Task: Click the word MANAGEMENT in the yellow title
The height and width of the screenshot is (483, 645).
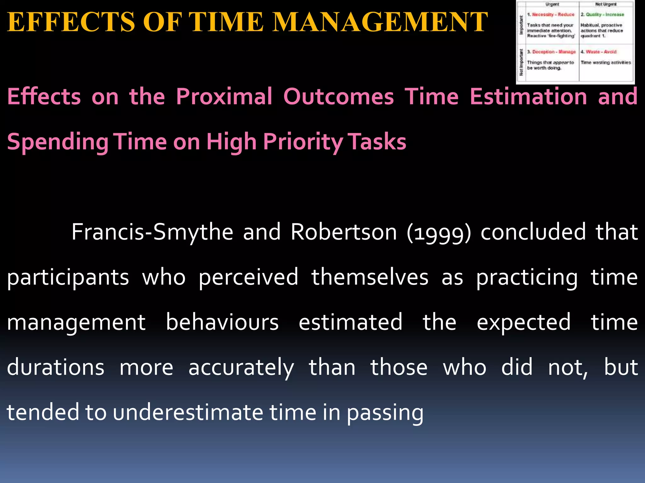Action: (x=380, y=22)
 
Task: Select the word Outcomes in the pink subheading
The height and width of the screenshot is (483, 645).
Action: (x=339, y=97)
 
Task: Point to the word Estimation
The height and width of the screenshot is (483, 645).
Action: (x=528, y=97)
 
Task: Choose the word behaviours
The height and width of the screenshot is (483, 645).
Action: (x=222, y=322)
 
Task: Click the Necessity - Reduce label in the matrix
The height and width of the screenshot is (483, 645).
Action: (x=553, y=14)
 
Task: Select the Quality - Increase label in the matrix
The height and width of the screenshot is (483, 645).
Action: (x=605, y=14)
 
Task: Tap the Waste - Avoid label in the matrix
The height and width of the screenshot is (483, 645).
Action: (x=601, y=52)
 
